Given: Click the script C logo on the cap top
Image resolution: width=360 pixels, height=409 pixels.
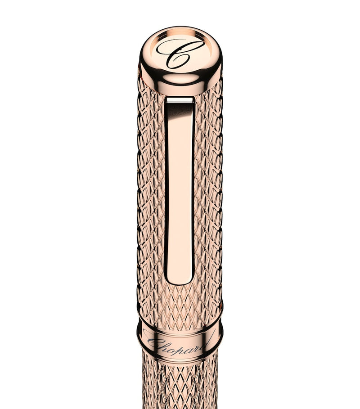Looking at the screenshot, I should [x=180, y=53].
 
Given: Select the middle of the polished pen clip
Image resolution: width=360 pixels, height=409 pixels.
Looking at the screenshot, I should [x=179, y=189].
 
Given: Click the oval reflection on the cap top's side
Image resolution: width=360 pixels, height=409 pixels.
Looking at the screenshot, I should [x=180, y=79].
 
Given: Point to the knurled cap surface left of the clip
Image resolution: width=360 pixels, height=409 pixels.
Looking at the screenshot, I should [x=151, y=189].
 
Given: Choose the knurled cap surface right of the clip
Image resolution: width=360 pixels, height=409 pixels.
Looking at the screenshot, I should [x=208, y=189].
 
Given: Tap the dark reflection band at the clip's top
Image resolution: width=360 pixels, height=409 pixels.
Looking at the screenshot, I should [x=179, y=108].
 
